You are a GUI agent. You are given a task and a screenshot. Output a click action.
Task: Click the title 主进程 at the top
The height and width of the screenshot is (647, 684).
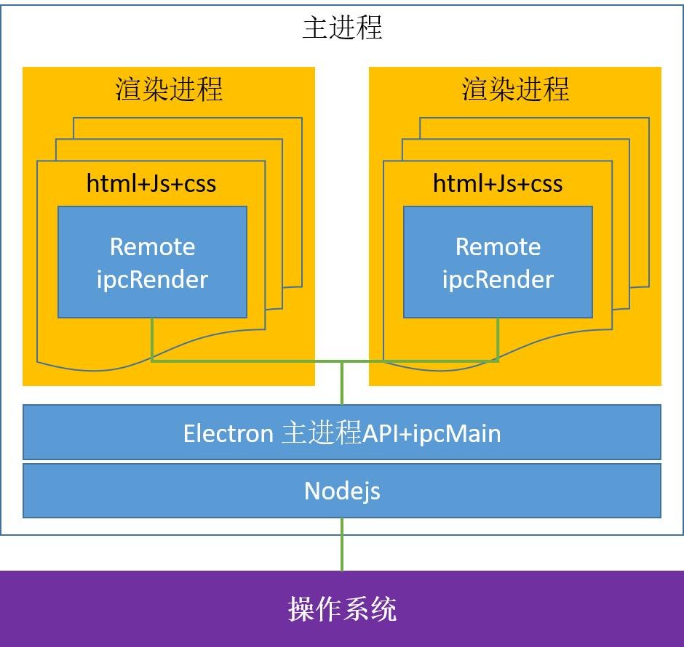(342, 28)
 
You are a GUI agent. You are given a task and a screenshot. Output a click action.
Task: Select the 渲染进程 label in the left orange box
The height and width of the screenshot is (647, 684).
(169, 89)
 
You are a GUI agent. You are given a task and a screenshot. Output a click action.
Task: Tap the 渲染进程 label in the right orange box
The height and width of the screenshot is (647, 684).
(515, 89)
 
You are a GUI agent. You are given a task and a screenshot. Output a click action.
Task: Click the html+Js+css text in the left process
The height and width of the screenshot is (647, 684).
(151, 182)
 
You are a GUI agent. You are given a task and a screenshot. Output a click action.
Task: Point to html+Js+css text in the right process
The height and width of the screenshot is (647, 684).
(498, 182)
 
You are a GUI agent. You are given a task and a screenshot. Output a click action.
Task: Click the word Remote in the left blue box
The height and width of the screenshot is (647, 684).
(152, 246)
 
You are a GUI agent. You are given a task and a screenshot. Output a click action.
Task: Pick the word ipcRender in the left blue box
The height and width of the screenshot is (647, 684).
(152, 279)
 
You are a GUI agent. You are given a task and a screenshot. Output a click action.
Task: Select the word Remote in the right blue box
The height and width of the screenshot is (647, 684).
(498, 246)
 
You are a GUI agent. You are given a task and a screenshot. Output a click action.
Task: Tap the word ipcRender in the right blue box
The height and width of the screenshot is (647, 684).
(498, 279)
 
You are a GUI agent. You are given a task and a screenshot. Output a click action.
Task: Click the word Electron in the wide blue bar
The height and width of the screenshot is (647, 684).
(228, 433)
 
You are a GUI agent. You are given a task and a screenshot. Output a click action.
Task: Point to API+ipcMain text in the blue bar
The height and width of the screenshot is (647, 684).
(432, 433)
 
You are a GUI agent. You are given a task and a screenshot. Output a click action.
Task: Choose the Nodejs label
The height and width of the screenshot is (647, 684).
(342, 491)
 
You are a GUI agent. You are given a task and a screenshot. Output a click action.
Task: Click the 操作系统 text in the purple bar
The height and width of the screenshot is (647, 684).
(342, 608)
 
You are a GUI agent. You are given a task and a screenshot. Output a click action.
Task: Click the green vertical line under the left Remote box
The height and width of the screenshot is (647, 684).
(151, 339)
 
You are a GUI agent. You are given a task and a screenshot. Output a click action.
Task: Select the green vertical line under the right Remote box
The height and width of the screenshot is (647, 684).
(498, 339)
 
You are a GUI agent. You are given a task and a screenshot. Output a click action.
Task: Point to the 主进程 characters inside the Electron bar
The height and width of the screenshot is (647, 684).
(321, 433)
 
